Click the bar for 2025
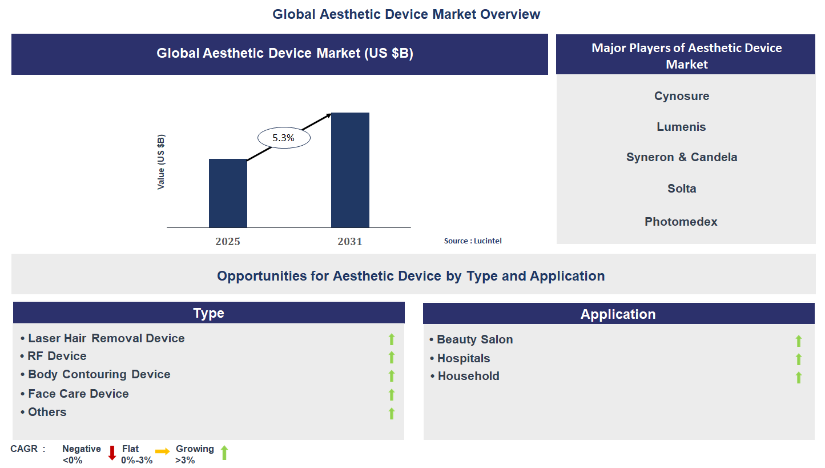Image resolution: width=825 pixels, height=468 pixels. pos(228,193)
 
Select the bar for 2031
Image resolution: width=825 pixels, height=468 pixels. pos(350,170)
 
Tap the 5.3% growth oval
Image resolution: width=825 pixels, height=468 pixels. pos(284,138)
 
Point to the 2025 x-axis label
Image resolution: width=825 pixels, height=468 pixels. pos(228,242)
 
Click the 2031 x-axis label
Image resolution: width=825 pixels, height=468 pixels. pos(350,242)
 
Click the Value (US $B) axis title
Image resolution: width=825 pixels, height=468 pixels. pos(161,162)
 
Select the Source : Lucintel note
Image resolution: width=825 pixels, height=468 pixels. pos(473,241)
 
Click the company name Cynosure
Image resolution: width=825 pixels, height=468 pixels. pos(682,96)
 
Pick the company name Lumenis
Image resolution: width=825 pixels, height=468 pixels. pos(681,127)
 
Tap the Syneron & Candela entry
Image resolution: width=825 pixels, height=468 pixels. pos(682,157)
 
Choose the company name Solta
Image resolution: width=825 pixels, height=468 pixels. pos(682,189)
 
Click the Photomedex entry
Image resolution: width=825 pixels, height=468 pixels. pos(681,222)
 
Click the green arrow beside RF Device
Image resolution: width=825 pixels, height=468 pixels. pos(392,358)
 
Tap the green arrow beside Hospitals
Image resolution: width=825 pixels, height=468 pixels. pos(799,359)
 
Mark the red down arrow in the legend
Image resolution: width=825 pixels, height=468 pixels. pos(112,453)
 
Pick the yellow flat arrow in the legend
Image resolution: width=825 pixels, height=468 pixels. pos(163,451)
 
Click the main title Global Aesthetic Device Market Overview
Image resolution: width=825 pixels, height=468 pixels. pos(406,14)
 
